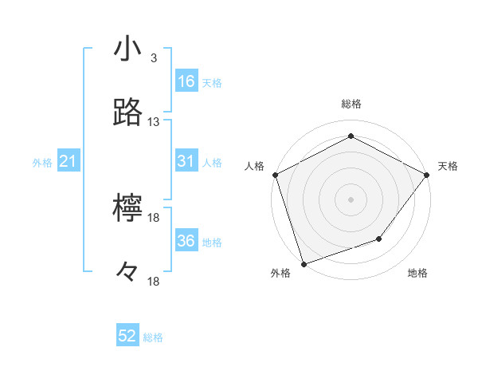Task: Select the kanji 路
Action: pyautogui.click(x=128, y=113)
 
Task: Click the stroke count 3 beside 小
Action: pyautogui.click(x=153, y=58)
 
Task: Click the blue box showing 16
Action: pyautogui.click(x=186, y=81)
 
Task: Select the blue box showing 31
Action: pyautogui.click(x=186, y=161)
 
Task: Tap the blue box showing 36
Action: pyautogui.click(x=186, y=241)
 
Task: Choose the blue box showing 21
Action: pyautogui.click(x=69, y=162)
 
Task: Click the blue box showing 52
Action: pyautogui.click(x=127, y=336)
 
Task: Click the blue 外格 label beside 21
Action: pyautogui.click(x=42, y=163)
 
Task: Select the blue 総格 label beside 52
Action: pyautogui.click(x=153, y=337)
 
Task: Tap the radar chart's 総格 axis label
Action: pyautogui.click(x=351, y=104)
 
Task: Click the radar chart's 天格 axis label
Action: pyautogui.click(x=448, y=166)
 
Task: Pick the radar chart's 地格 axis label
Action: pyautogui.click(x=417, y=274)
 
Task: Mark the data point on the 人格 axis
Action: pyautogui.click(x=275, y=175)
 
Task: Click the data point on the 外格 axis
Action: pyautogui.click(x=304, y=263)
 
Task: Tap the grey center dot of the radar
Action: pyautogui.click(x=351, y=199)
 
